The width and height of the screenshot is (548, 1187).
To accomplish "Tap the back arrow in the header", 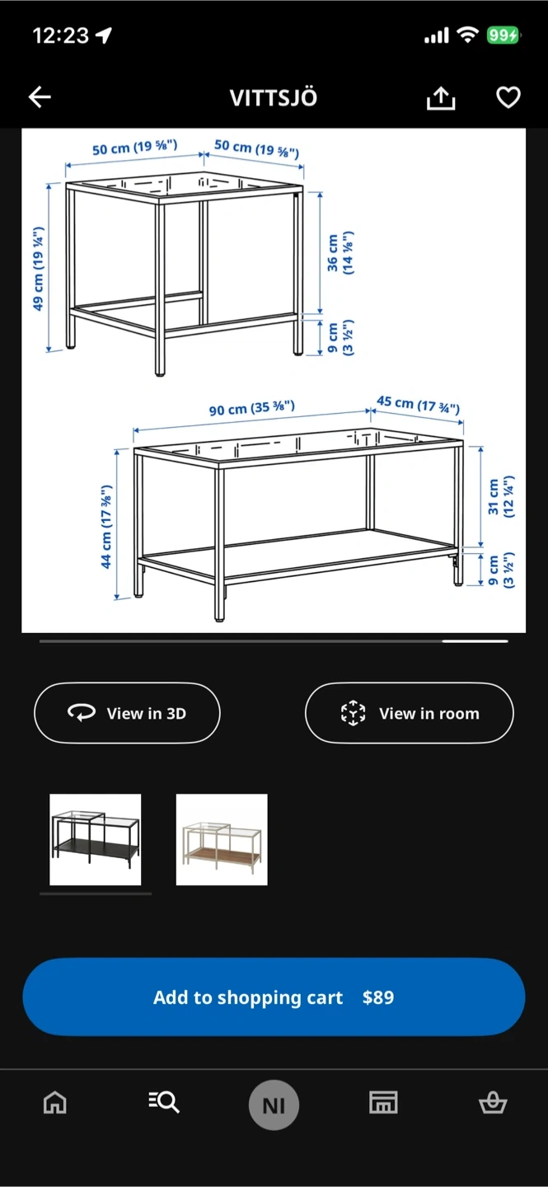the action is tap(40, 97).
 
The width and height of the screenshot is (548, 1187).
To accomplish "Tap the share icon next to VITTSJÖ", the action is tap(441, 98).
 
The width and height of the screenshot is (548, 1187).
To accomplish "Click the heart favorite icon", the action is tap(508, 97).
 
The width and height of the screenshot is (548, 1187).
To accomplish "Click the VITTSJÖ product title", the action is tap(274, 98).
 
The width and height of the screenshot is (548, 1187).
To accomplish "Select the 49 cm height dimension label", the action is tap(38, 269).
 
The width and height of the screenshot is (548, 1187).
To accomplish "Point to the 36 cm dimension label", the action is tap(340, 253).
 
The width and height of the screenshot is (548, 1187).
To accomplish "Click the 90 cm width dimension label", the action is tap(251, 408).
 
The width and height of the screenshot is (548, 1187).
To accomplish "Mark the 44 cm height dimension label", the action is tap(106, 526).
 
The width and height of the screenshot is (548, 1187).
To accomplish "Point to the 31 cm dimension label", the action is tap(501, 496).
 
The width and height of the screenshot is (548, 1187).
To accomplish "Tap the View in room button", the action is tap(409, 713).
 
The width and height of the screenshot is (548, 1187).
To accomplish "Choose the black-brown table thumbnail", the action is tap(96, 839).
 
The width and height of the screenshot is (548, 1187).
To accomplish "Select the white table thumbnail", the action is tap(222, 839).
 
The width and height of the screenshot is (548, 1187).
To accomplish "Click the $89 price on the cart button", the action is tap(378, 997).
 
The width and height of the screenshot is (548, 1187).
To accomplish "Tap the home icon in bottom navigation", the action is tap(55, 1103).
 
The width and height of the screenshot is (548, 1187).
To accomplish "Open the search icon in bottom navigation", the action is tap(164, 1102).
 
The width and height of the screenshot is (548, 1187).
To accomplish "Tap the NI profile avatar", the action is tap(274, 1105).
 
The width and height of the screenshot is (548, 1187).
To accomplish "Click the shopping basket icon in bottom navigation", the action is tap(493, 1103).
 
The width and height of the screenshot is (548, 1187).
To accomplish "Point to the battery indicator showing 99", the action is tap(503, 35).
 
